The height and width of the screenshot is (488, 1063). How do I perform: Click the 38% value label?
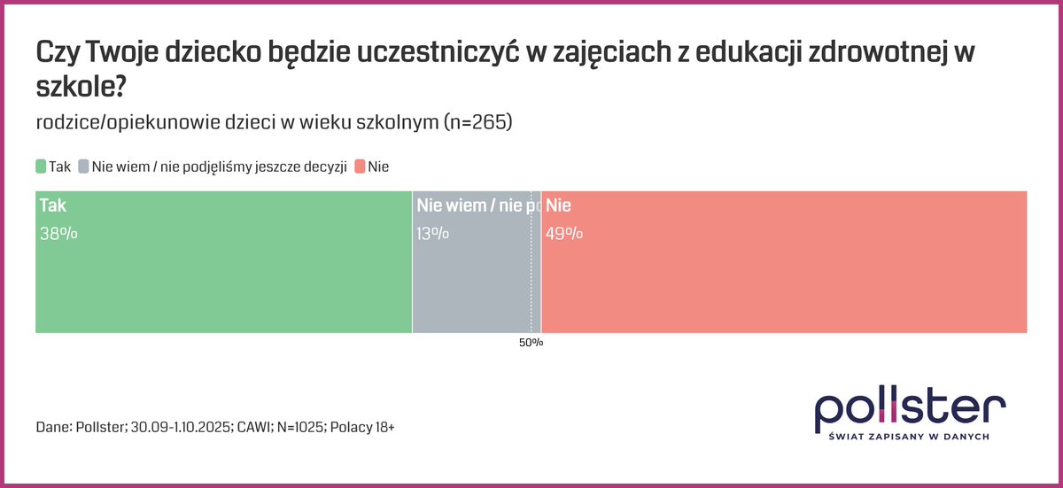click(58, 234)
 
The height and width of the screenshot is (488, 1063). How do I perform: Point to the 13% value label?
click(432, 234)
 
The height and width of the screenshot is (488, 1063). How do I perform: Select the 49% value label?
click(564, 234)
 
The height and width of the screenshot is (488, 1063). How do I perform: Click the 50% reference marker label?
click(531, 343)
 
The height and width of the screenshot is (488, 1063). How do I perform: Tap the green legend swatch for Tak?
click(41, 167)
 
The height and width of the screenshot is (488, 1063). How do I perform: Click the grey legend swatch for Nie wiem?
click(83, 167)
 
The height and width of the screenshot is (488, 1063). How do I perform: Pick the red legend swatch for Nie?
click(360, 167)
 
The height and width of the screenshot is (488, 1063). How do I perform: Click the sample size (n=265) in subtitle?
click(477, 123)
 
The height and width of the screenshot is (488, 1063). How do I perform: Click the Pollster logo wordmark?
click(910, 407)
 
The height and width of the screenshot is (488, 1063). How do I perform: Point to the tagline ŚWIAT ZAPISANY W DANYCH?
click(909, 437)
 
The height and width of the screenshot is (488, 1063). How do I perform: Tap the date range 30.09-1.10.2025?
click(177, 427)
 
